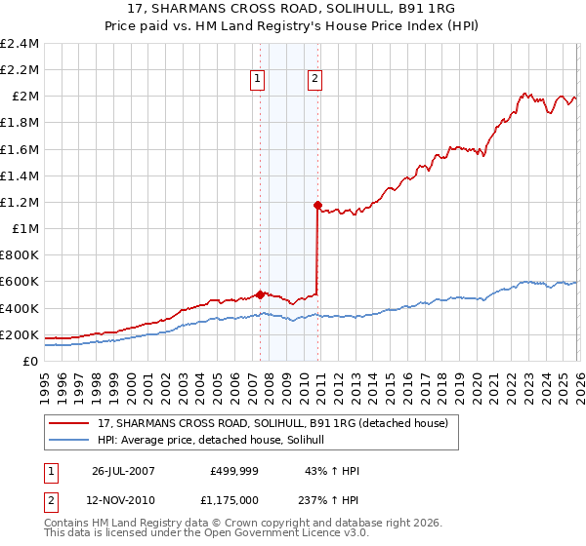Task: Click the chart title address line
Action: pyautogui.click(x=293, y=9)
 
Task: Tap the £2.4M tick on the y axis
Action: pyautogui.click(x=20, y=43)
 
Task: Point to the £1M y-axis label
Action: pyautogui.click(x=24, y=228)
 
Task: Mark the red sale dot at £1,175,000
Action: pyautogui.click(x=317, y=205)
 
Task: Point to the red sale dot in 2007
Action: pyautogui.click(x=260, y=293)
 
